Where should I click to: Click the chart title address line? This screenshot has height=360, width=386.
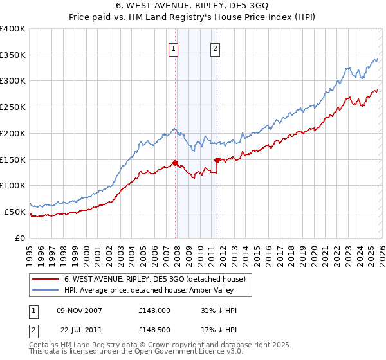[192, 6]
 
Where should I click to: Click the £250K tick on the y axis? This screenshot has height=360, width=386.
[13, 107]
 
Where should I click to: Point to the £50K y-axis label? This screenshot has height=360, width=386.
[15, 212]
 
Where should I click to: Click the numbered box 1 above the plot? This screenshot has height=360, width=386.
[174, 48]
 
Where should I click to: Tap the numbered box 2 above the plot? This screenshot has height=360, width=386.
[215, 48]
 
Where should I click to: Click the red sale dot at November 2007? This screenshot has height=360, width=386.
[175, 163]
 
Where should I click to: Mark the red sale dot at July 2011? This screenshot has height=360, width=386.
[217, 160]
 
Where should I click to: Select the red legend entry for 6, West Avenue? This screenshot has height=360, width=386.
[154, 280]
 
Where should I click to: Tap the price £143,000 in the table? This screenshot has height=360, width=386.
[154, 310]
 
